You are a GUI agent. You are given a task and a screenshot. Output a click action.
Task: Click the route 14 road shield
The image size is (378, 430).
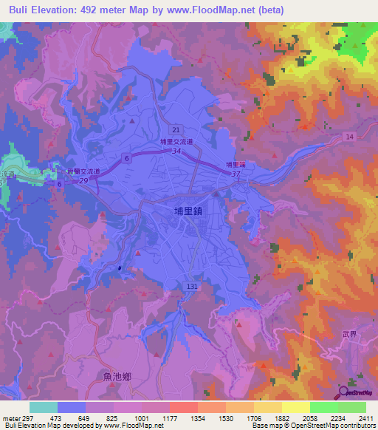(x=349, y=137)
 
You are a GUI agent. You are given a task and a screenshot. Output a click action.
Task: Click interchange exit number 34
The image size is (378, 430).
(x=176, y=151)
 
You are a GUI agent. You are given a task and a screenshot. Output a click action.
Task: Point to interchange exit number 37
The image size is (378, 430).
(x=236, y=174)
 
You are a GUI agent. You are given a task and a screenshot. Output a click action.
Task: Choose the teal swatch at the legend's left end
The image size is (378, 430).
(x=43, y=407)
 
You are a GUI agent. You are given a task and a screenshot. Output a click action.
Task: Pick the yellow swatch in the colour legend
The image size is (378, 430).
(x=295, y=407)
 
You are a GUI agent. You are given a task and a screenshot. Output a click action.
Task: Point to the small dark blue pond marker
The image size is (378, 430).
(x=119, y=267)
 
